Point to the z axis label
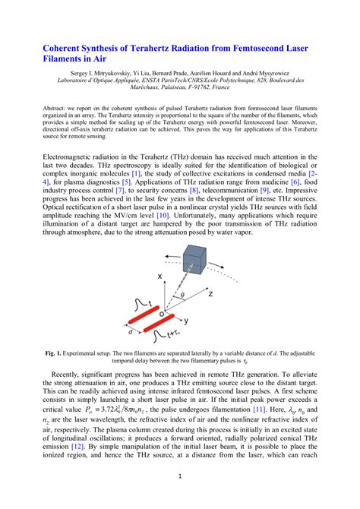pos(232,292)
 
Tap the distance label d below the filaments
pos(131,331)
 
